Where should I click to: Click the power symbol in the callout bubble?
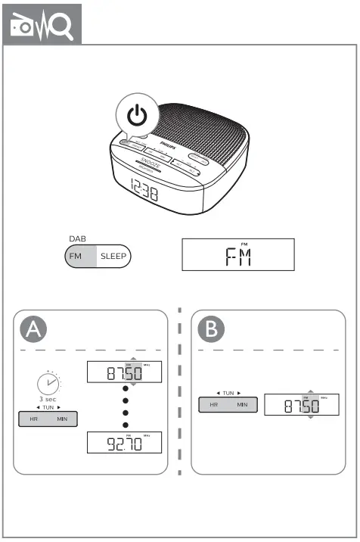point(136,116)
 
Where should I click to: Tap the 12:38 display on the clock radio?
point(133,192)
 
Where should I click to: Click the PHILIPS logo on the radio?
point(164,142)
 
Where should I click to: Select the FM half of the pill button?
point(76,257)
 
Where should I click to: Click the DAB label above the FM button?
point(76,238)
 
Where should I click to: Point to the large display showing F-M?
point(237,255)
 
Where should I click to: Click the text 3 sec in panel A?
point(47,399)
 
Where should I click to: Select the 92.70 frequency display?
point(124,442)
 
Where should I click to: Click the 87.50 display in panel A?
point(124,372)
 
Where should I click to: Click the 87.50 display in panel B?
point(301,406)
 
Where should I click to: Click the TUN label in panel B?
point(228,394)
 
